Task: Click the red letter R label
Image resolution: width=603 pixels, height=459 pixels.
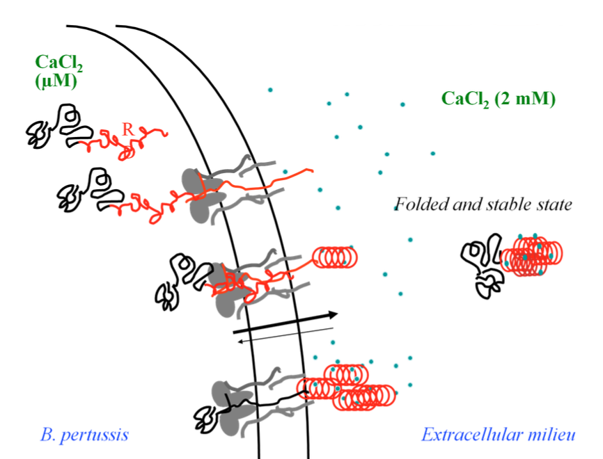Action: pos(127,129)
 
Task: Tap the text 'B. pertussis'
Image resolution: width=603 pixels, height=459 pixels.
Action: pos(84,437)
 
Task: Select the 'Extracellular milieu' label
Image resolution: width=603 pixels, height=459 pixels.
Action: pos(499,437)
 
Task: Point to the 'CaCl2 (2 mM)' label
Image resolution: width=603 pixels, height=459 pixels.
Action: pos(498,99)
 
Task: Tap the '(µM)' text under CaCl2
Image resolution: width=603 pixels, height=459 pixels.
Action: pos(55,81)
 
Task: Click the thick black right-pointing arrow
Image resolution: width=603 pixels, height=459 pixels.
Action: pos(285,322)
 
